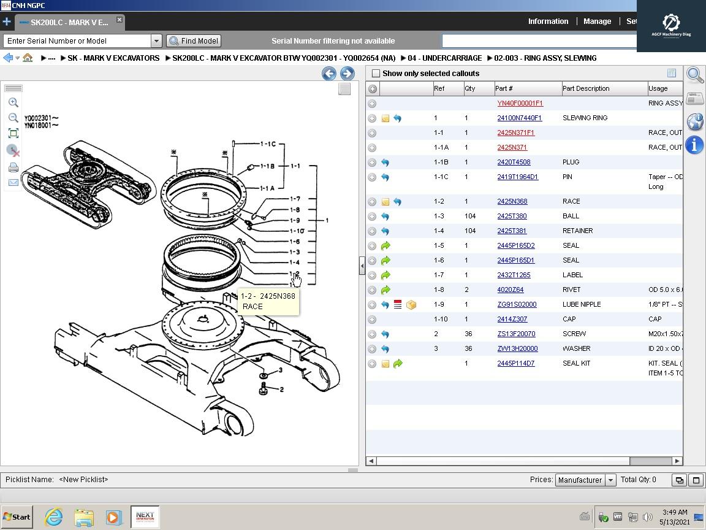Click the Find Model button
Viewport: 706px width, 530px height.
pyautogui.click(x=194, y=41)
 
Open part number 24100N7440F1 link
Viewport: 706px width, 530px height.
pyautogui.click(x=519, y=118)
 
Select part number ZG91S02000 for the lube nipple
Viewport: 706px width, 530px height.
pyautogui.click(x=517, y=304)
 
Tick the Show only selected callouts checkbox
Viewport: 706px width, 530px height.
pyautogui.click(x=376, y=74)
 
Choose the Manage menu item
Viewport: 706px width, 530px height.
pyautogui.click(x=597, y=21)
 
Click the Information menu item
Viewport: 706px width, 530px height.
pyautogui.click(x=548, y=21)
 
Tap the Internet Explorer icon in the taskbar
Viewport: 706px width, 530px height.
pyautogui.click(x=54, y=517)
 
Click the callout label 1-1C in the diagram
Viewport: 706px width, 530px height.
pyautogui.click(x=268, y=144)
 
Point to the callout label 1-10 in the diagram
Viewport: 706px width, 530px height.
pyautogui.click(x=297, y=231)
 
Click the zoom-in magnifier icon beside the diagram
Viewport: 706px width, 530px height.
pyautogui.click(x=13, y=102)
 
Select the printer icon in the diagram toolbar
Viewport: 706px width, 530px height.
pyautogui.click(x=13, y=167)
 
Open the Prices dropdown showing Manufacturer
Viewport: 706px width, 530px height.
pyautogui.click(x=585, y=480)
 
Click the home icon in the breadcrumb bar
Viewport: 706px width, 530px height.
pyautogui.click(x=28, y=58)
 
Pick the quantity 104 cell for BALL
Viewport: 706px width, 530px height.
pyautogui.click(x=470, y=216)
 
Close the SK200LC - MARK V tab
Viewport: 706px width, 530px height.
pyautogui.click(x=120, y=20)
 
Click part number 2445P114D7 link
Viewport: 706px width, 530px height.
pyautogui.click(x=515, y=363)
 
